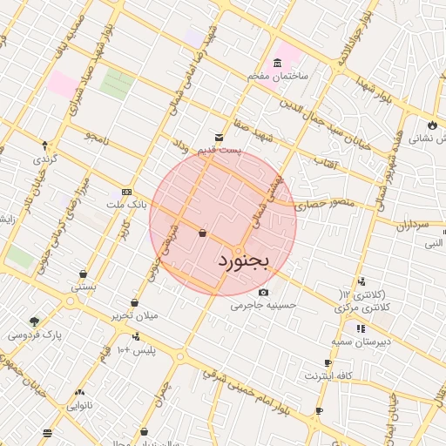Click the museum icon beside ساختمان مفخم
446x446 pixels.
coord(277,63)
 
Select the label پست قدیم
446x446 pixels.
coord(219,151)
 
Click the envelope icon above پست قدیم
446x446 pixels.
coord(219,138)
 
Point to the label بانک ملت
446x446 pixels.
coord(123,204)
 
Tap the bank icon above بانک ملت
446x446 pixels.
coord(127,192)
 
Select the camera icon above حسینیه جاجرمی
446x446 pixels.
coord(264,292)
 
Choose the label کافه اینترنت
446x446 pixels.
coord(328,375)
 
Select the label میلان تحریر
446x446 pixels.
coord(134,315)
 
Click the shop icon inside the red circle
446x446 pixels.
coord(202,233)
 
